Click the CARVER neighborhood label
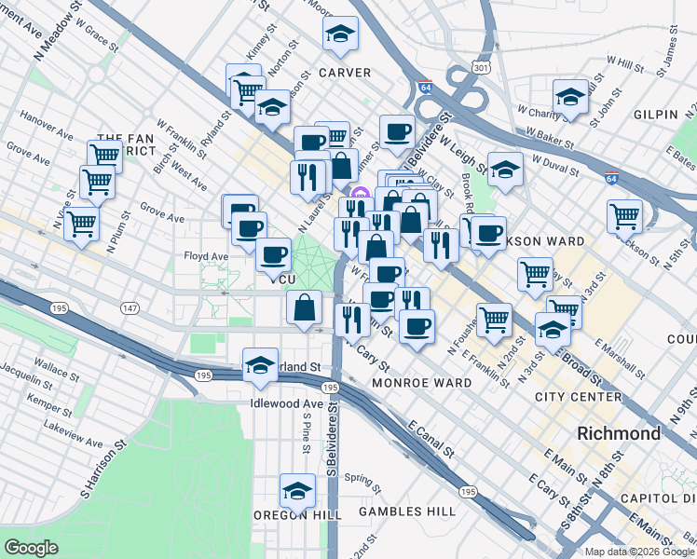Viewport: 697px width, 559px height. click(344, 73)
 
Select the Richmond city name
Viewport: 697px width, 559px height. click(619, 433)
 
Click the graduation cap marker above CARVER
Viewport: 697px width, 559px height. click(341, 34)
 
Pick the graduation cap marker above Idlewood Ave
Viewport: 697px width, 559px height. click(260, 364)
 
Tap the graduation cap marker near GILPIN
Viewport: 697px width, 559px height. click(570, 96)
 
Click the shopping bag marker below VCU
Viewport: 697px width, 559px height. click(306, 307)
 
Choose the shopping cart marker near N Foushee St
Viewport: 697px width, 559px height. click(494, 320)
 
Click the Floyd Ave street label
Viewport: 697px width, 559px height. click(206, 256)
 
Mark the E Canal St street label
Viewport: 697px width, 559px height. click(431, 439)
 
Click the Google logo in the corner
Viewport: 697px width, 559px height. click(32, 548)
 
